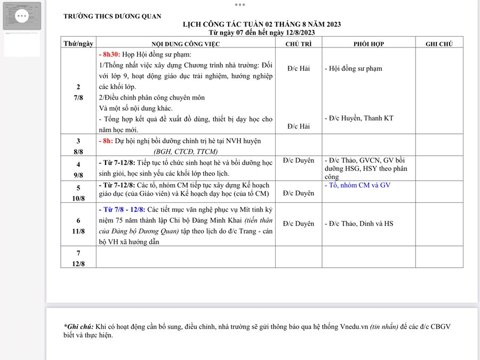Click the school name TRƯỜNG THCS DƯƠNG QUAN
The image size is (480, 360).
click(x=112, y=17)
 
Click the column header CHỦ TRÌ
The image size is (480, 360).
click(x=299, y=44)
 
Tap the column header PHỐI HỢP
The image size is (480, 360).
click(x=369, y=44)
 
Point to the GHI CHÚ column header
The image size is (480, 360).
click(x=439, y=44)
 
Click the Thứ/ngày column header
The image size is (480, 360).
click(x=78, y=44)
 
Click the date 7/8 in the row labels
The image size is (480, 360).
click(x=78, y=98)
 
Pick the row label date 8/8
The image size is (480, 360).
click(x=78, y=151)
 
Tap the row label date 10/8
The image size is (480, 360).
click(x=78, y=198)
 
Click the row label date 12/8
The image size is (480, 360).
click(x=78, y=263)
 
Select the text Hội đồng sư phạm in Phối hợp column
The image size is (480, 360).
click(x=355, y=69)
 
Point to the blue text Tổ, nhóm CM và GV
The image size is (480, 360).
click(x=357, y=185)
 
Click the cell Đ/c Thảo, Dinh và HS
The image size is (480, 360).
click(x=361, y=224)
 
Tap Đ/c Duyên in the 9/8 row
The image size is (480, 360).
click(x=298, y=160)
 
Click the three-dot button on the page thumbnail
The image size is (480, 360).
click(x=22, y=15)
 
